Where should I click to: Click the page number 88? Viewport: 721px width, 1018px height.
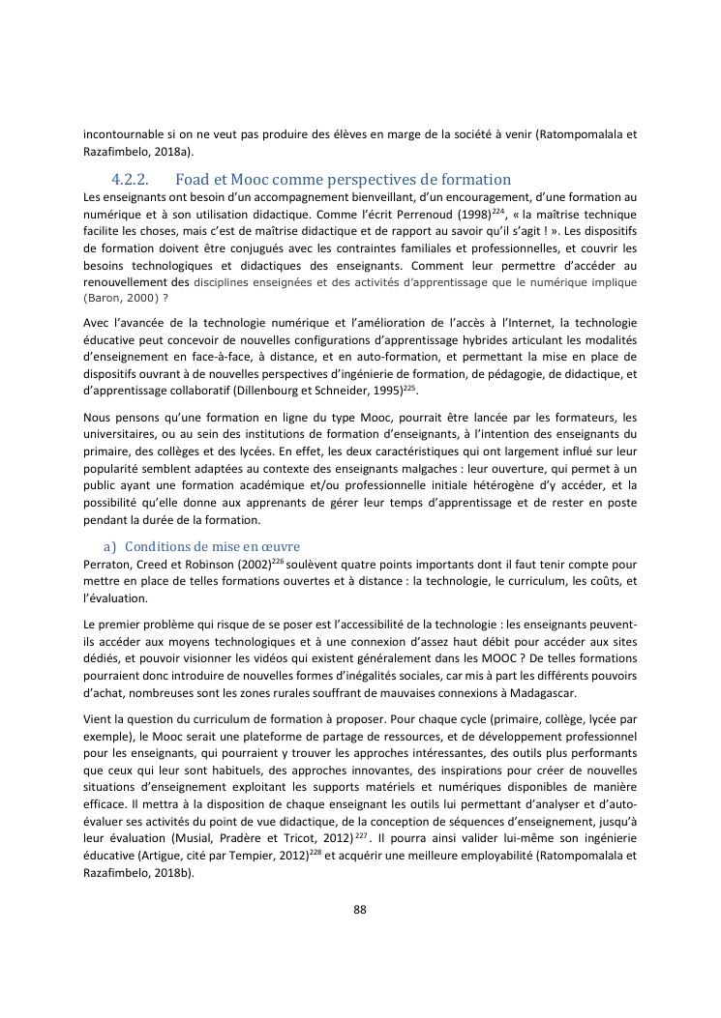tap(360, 910)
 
